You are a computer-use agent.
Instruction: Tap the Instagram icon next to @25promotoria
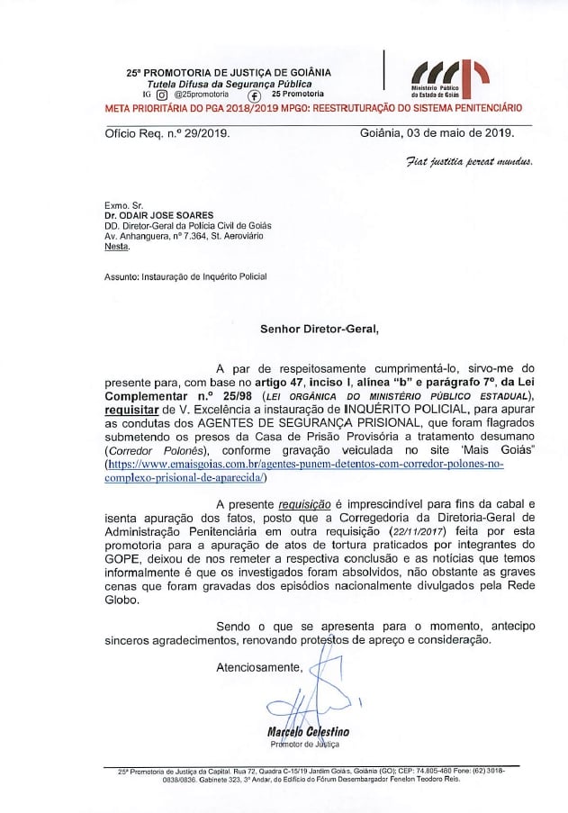pyautogui.click(x=162, y=94)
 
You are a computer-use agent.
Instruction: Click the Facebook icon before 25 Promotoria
pyautogui.click(x=254, y=95)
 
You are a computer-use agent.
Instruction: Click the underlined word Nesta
pyautogui.click(x=117, y=246)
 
